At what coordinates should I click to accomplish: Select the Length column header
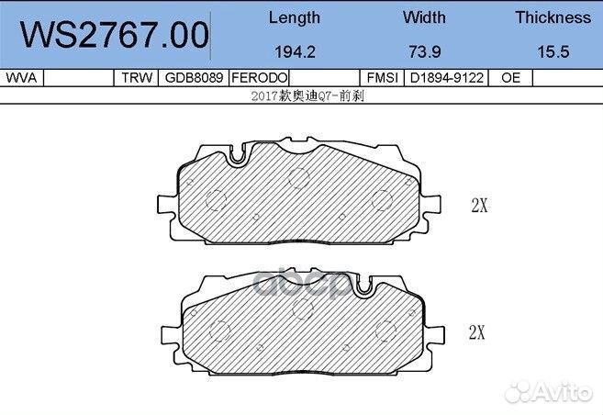pyautogui.click(x=295, y=17)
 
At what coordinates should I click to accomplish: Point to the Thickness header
pyautogui.click(x=553, y=17)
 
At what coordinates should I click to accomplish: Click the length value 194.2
pyautogui.click(x=295, y=53)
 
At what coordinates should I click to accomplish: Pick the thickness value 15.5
pyautogui.click(x=553, y=53)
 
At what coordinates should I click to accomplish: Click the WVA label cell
pyautogui.click(x=21, y=79)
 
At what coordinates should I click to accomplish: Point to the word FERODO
pyautogui.click(x=260, y=79)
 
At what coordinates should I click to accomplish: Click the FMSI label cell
pyautogui.click(x=381, y=79)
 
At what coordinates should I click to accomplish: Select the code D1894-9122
pyautogui.click(x=448, y=79)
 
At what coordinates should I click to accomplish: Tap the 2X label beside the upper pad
pyautogui.click(x=478, y=206)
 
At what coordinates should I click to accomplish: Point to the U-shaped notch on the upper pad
pyautogui.click(x=238, y=157)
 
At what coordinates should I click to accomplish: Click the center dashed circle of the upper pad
pyautogui.click(x=296, y=178)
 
